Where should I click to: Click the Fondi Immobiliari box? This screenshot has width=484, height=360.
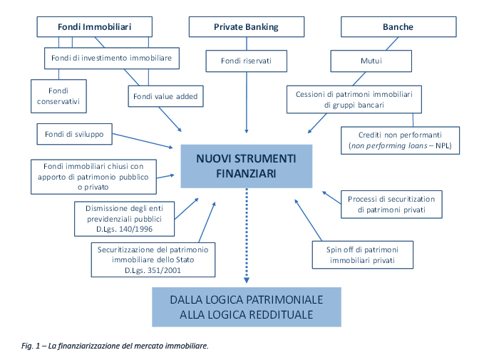[94, 27]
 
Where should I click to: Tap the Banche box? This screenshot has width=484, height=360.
[398, 27]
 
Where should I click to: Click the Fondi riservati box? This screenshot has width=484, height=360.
[246, 61]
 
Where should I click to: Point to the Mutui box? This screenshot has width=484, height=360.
[371, 61]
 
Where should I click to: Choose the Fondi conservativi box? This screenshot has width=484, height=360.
[58, 96]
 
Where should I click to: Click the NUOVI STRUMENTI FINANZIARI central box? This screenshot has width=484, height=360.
[246, 165]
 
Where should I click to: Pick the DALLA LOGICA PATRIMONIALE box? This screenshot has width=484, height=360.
[246, 307]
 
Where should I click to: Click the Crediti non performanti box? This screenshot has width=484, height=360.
[400, 140]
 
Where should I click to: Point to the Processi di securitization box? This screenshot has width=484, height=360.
[391, 204]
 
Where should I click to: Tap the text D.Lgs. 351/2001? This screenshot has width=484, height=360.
[153, 270]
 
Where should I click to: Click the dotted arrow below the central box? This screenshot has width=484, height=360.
[246, 235]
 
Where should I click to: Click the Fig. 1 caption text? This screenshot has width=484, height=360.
[114, 346]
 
